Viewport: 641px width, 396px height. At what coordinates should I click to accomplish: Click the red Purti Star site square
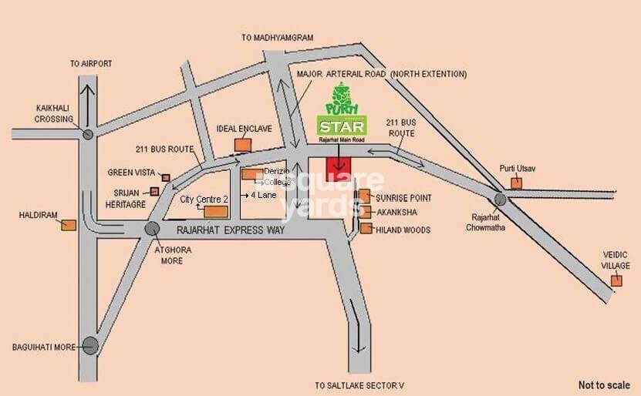point(339,166)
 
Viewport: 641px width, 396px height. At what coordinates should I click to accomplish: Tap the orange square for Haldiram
point(69,225)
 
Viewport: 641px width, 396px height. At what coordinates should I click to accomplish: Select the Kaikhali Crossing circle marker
point(88,135)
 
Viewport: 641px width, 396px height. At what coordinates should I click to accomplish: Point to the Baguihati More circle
point(90,346)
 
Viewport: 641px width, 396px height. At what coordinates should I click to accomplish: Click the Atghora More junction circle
point(153,229)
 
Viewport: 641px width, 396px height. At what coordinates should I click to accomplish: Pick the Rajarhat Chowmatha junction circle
point(501,199)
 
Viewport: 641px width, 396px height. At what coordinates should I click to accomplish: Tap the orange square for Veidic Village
point(616,280)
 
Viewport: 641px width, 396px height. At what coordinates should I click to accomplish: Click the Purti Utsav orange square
point(516,183)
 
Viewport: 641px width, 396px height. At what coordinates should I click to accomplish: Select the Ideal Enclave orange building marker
point(243,143)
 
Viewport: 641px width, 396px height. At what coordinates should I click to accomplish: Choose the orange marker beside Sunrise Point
point(366,196)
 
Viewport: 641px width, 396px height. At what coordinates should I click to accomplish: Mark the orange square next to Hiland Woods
point(366,228)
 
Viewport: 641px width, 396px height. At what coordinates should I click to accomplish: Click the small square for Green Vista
point(166,177)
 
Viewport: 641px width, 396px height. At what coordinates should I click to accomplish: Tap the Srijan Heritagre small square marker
point(154,191)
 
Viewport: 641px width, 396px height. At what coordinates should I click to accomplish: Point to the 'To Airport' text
point(91,63)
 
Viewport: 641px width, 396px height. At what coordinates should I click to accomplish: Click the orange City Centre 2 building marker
point(216,211)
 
